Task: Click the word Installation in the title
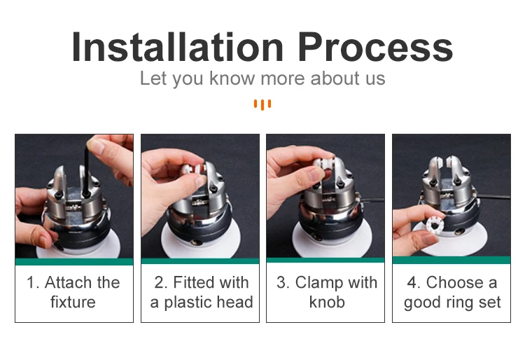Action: [x=178, y=46]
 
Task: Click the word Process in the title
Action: [x=375, y=46]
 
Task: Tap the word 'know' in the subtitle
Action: [x=232, y=78]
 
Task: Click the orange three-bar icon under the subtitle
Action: [x=262, y=104]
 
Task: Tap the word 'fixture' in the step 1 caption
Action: [x=73, y=302]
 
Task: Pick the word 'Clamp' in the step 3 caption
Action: [x=319, y=283]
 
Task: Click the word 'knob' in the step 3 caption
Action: [x=327, y=302]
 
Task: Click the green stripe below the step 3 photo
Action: [x=325, y=260]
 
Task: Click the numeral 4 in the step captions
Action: [x=412, y=282]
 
